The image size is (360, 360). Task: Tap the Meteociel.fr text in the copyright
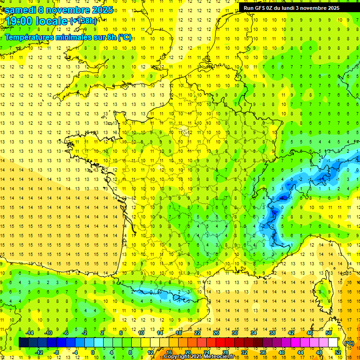(222, 357)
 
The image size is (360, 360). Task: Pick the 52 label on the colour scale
(337, 352)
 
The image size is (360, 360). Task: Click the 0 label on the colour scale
(93, 352)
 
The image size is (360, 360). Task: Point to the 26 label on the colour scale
(216, 333)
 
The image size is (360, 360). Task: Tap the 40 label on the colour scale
(281, 352)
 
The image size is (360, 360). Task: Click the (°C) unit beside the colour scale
(348, 343)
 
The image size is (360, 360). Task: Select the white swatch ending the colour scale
(333, 343)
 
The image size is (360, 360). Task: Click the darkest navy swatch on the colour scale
(24, 343)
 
